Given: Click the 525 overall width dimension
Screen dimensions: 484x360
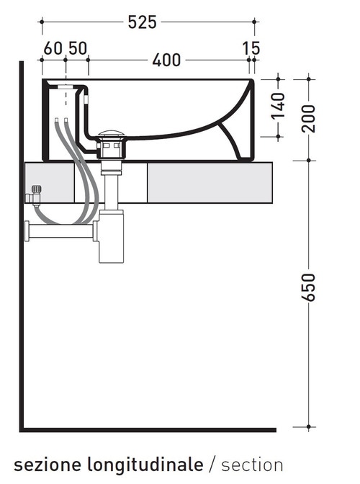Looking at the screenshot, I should tap(143, 22).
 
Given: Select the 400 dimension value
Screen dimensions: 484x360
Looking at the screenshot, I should tap(166, 60).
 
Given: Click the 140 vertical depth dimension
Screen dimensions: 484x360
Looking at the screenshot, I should tap(279, 107).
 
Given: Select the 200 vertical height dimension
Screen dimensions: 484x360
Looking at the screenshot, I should tap(309, 117).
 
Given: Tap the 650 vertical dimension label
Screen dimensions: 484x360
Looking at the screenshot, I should tap(309, 289).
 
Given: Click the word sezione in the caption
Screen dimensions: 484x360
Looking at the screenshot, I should tap(42, 463).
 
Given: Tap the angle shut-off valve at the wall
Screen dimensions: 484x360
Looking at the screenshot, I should tap(35, 195).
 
